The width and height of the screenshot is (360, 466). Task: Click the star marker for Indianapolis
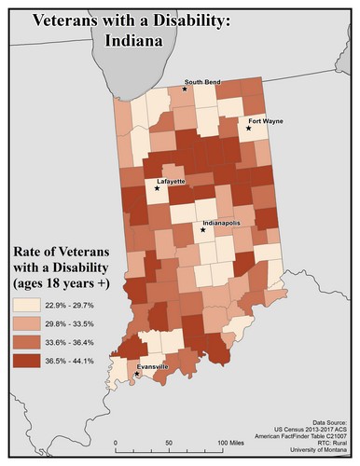pos(203,229)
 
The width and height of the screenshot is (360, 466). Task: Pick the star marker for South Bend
pos(186,89)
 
